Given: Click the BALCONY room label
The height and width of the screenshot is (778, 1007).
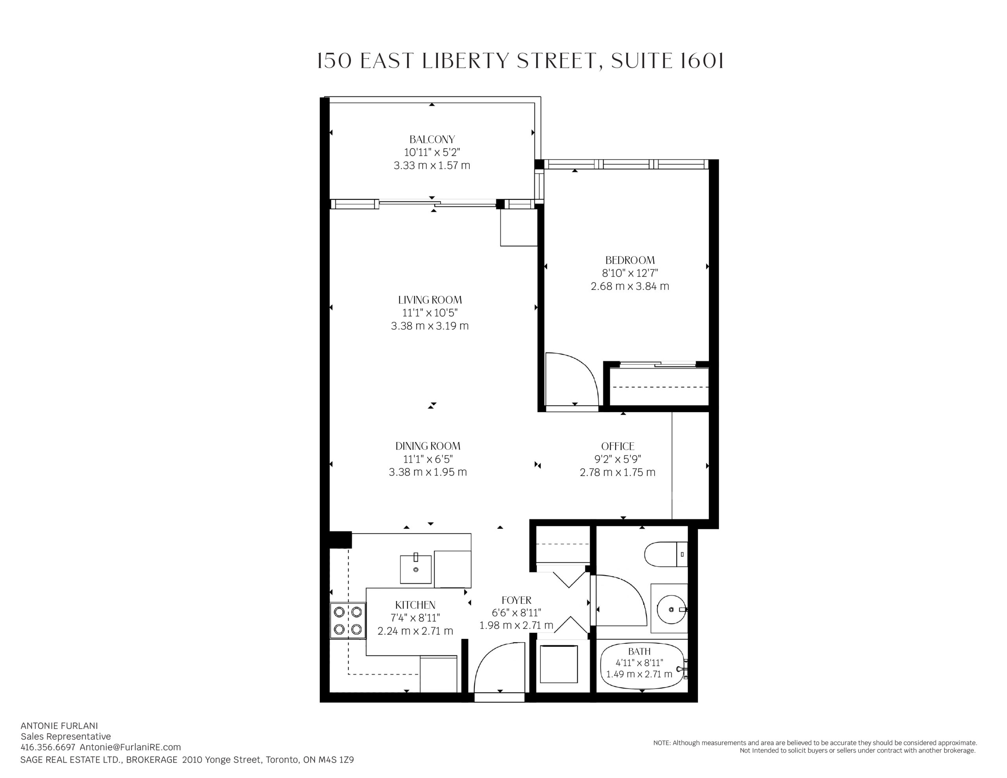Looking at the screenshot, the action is [432, 139].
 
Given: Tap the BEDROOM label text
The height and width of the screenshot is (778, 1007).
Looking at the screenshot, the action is [630, 260].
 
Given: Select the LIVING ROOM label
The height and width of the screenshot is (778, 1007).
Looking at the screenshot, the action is [430, 300].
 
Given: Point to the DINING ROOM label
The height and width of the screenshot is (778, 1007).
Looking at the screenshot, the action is [428, 446].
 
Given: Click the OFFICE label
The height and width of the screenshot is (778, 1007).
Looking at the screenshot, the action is [618, 446].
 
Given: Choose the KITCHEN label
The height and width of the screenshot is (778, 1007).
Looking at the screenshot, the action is [415, 605].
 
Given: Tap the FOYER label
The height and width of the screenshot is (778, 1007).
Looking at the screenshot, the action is [516, 600].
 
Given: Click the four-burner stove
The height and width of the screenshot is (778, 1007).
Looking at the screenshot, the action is [348, 621].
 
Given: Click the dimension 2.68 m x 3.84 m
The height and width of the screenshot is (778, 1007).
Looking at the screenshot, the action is [630, 286].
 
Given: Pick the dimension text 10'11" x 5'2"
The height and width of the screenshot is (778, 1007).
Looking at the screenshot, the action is [432, 152].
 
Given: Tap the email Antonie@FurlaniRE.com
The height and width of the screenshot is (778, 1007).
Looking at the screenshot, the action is [130, 747].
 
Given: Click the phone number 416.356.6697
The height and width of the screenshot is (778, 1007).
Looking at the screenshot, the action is [48, 747].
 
